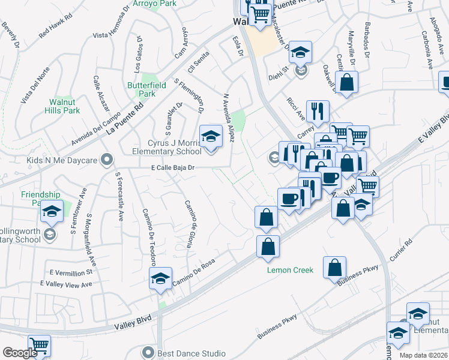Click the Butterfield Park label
coord(141,89)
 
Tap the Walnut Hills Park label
coord(63,106)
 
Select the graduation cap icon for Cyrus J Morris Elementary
coord(211,137)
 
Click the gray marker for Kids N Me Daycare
coord(107,160)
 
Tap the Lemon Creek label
coord(290,270)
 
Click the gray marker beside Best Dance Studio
coord(148,352)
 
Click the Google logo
coord(20,353)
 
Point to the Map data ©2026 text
coord(423,355)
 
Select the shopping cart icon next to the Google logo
coord(39,345)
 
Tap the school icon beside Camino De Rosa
coord(160,278)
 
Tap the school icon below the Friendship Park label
coord(52,211)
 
